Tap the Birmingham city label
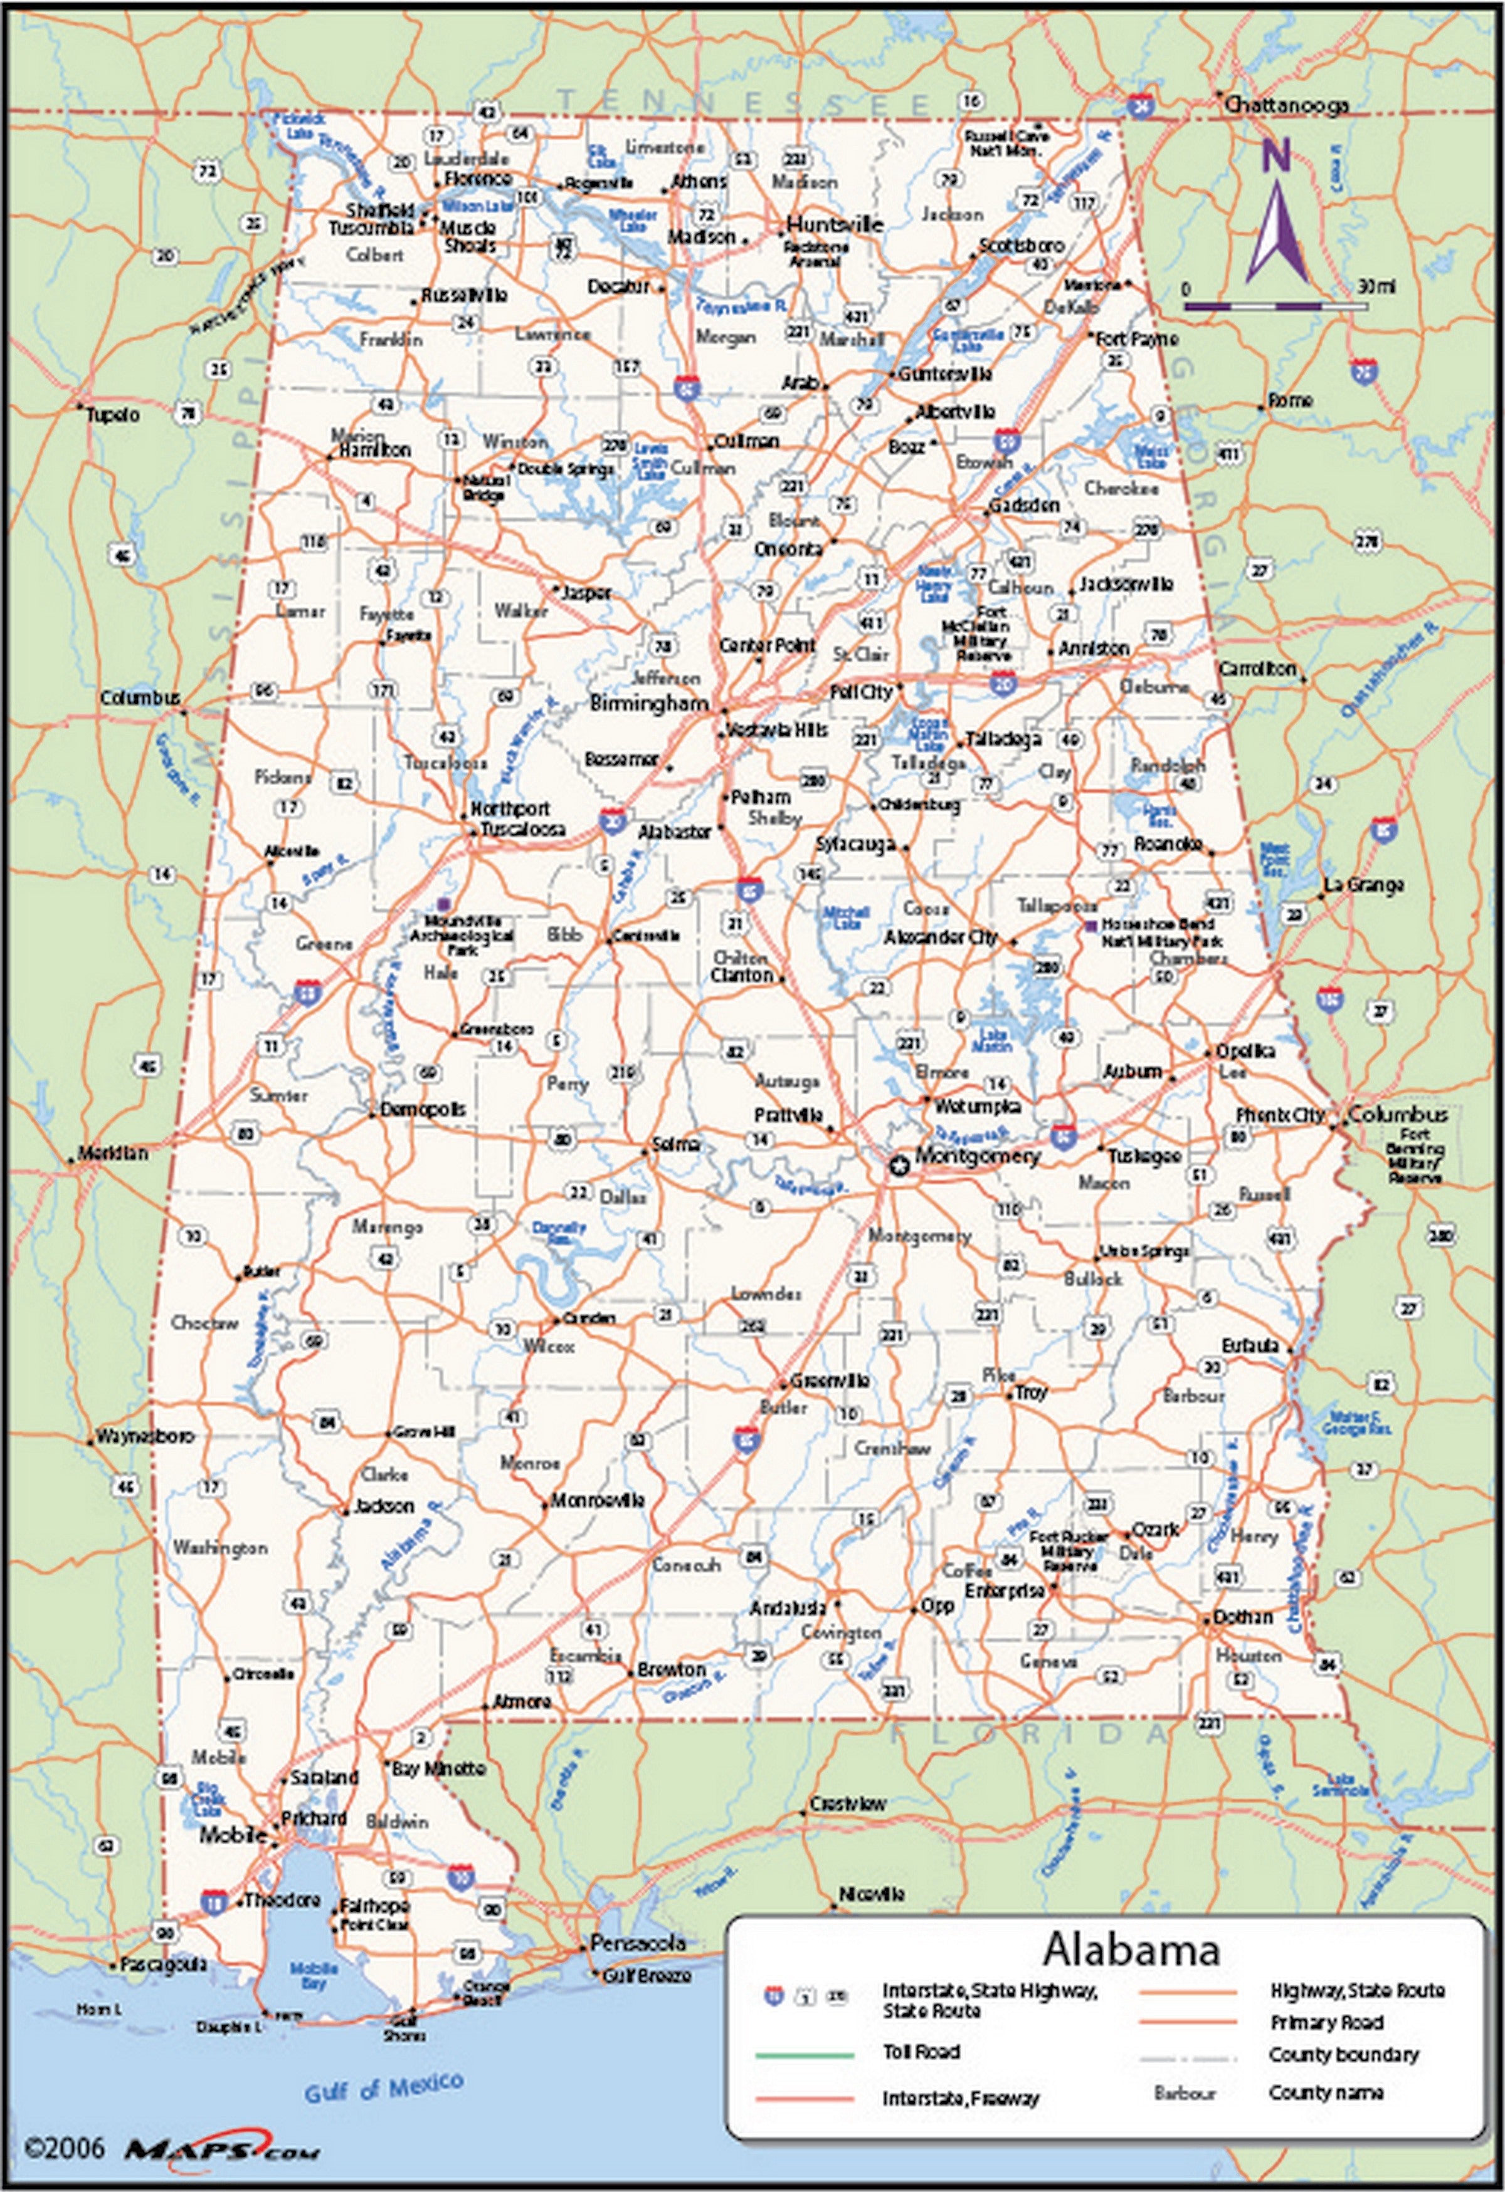click(649, 702)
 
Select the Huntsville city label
click(834, 224)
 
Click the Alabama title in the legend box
click(1131, 1949)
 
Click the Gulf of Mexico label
click(383, 2088)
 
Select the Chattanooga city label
click(1285, 106)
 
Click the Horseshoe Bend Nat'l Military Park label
click(1161, 932)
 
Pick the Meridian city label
click(112, 1152)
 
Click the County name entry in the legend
click(1325, 2092)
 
